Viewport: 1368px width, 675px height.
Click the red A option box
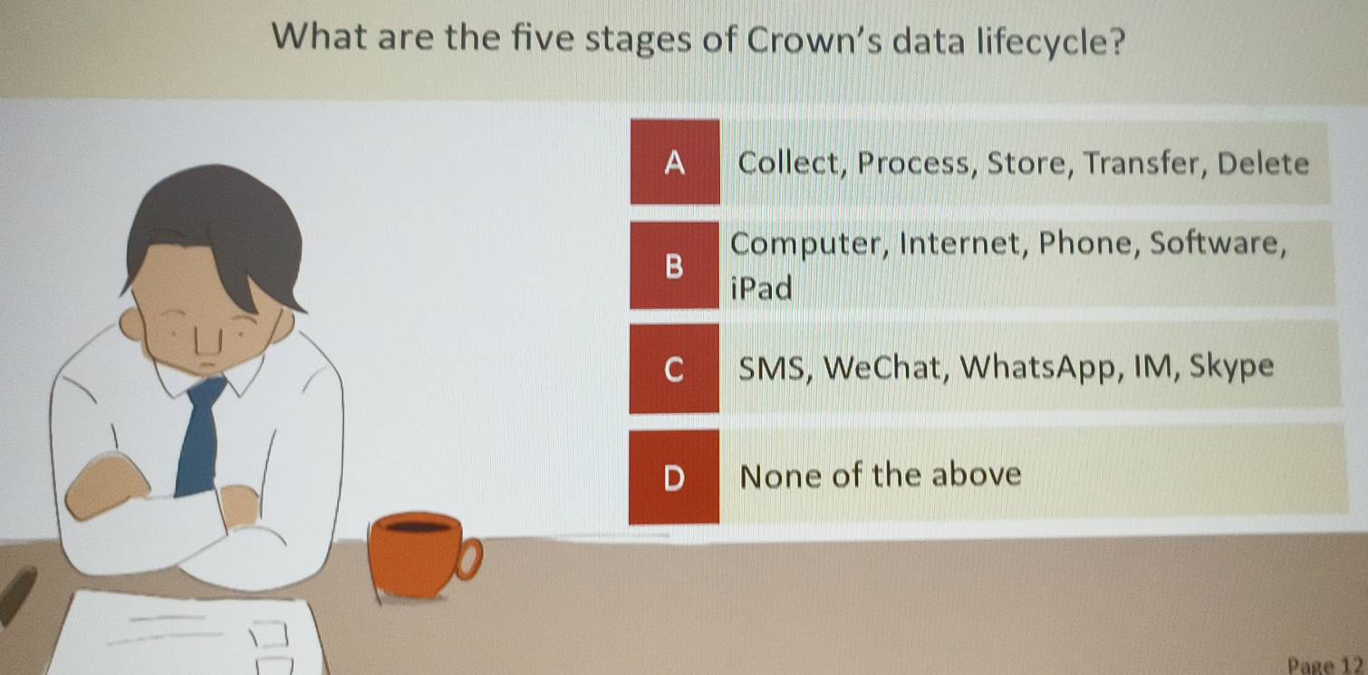[x=675, y=162]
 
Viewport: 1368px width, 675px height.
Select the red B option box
[x=674, y=265]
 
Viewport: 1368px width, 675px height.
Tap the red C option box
[x=674, y=369]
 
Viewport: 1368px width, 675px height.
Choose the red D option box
[x=674, y=477]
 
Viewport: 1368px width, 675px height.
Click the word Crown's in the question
[x=814, y=40]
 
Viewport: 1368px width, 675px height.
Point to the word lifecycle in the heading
[x=1051, y=42]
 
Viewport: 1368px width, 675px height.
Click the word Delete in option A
[x=1263, y=163]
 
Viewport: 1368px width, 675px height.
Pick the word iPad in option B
[x=762, y=287]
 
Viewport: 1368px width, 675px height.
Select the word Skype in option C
[x=1231, y=367]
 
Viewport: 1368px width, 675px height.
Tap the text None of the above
[x=880, y=476]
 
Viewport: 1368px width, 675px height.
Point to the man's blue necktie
[x=199, y=436]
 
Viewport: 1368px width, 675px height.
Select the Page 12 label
[x=1325, y=665]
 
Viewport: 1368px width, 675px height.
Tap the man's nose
[x=208, y=340]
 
